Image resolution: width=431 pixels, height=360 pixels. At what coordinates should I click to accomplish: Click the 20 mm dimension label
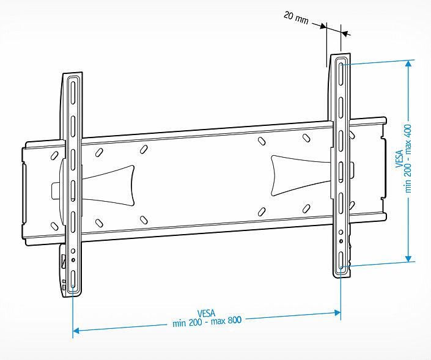tap(297, 17)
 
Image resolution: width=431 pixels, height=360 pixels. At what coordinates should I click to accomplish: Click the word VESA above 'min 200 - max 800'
tap(207, 313)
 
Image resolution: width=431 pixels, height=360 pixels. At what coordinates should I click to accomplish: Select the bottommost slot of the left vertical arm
tap(73, 282)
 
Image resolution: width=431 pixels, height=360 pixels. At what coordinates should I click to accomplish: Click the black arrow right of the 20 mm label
tap(318, 25)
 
